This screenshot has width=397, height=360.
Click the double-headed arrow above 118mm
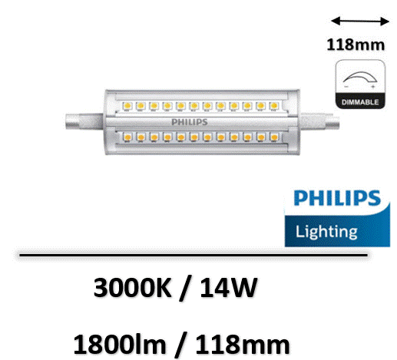coord(360,21)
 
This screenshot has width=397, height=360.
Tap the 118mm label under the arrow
coord(356,45)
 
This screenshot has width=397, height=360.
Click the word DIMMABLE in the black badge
coord(360,102)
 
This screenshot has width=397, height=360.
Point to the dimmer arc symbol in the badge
coord(360,76)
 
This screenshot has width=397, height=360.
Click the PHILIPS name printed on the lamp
coord(190,122)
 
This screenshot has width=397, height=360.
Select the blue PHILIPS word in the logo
coord(337,198)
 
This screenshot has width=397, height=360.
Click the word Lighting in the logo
coord(326,232)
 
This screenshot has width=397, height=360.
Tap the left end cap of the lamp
coord(84,121)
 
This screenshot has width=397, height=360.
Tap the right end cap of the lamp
coord(320,122)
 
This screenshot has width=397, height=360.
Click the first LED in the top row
coord(127,105)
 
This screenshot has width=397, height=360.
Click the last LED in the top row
coord(274,105)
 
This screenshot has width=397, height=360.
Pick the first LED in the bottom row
coord(127,137)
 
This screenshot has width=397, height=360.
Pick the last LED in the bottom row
coord(274,137)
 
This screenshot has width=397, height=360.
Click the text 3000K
coord(132,288)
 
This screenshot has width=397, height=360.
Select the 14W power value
coord(229,288)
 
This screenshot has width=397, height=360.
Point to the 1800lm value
coord(120,345)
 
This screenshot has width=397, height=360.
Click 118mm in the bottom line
coord(243,345)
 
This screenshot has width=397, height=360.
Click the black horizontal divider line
coord(194,255)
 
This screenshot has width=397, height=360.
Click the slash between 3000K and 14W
coord(186,289)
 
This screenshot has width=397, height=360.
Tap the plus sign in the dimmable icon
coord(373,87)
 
